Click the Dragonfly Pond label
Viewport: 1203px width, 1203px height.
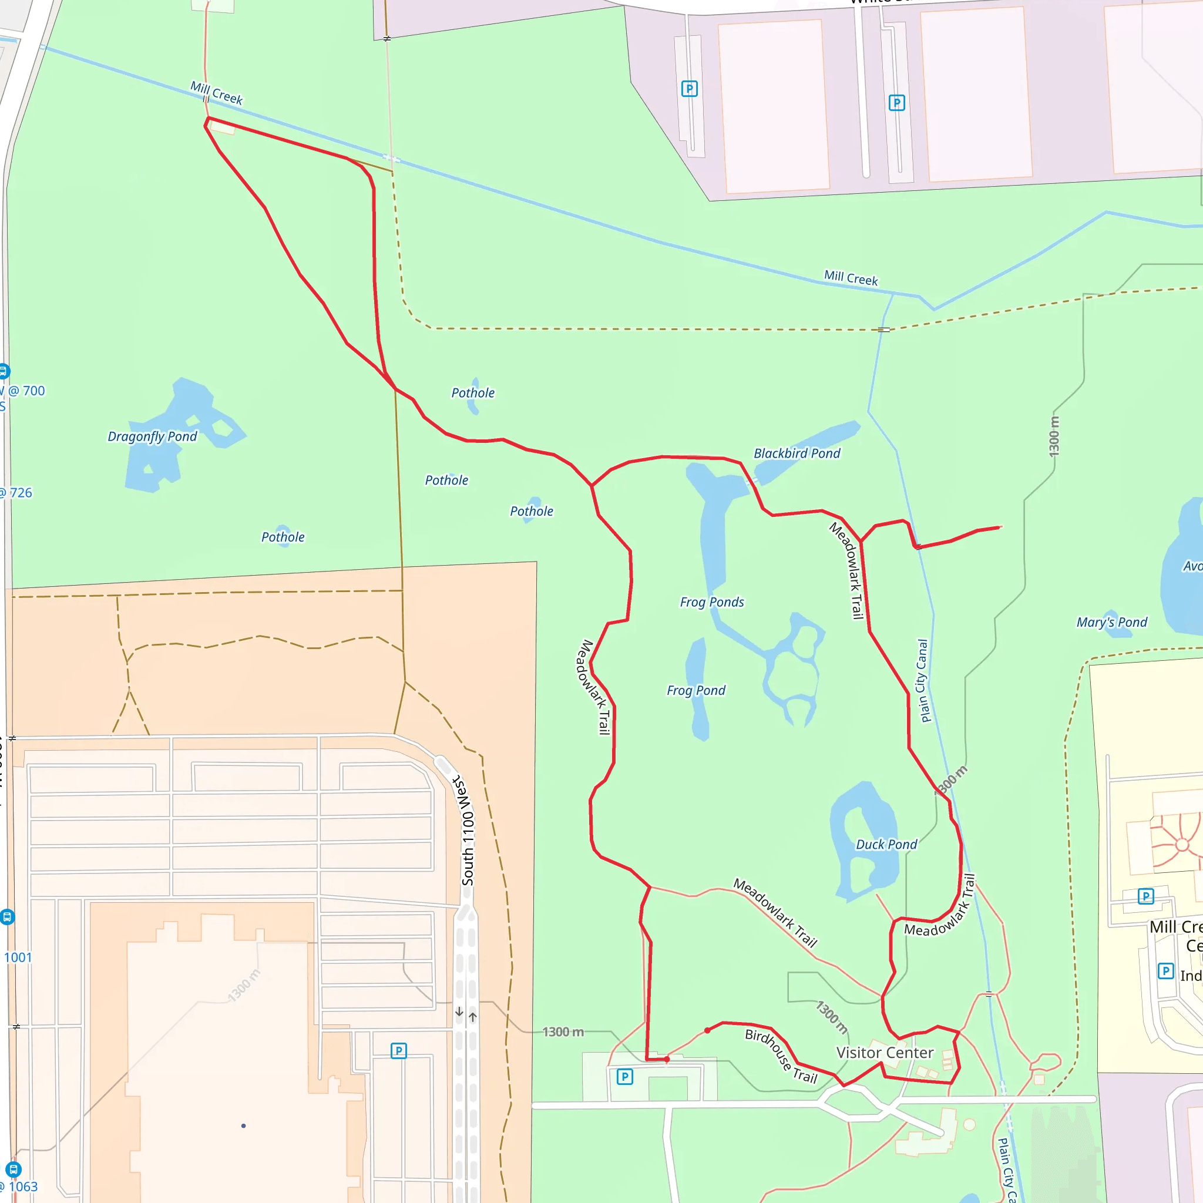click(152, 436)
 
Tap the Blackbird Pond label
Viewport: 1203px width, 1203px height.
click(797, 453)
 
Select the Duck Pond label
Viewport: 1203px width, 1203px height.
click(886, 844)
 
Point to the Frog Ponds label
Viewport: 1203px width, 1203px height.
click(712, 602)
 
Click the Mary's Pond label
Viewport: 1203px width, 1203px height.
click(1111, 622)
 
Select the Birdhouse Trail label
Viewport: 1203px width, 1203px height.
click(781, 1056)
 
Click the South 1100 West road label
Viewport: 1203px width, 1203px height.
click(466, 831)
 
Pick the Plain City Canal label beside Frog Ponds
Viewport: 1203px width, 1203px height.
click(922, 681)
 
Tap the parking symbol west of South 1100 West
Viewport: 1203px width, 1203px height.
click(398, 1051)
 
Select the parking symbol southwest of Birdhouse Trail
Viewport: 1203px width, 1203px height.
click(624, 1077)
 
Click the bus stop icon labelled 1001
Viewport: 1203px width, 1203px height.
click(7, 916)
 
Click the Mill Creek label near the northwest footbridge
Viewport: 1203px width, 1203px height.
click(216, 93)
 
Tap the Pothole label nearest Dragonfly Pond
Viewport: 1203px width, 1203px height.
click(283, 537)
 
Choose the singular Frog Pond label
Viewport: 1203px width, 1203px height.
click(695, 691)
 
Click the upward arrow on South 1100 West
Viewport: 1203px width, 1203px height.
click(473, 1017)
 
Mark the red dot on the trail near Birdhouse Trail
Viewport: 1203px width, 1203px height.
click(707, 1030)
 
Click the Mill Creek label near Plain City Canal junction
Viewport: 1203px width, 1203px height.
click(851, 278)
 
